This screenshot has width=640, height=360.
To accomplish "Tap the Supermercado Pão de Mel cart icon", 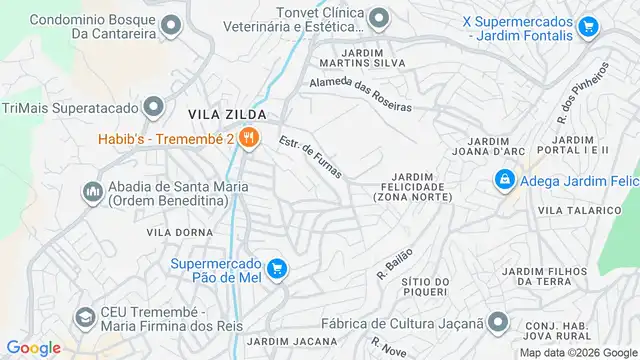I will [277, 267].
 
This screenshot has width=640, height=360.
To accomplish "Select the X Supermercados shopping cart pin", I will [587, 26].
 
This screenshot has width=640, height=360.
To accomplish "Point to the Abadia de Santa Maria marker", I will [92, 189].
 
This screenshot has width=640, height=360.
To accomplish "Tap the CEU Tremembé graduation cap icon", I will [85, 316].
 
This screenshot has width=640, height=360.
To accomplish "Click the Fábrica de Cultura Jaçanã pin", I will [499, 323].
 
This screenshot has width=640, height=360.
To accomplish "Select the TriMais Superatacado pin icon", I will [153, 106].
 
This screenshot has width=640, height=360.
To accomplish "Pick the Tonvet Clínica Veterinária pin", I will [379, 18].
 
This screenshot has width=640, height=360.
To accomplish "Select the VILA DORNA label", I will [174, 232].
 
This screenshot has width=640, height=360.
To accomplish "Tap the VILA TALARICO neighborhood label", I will [579, 210].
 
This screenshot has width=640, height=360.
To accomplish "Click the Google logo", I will [34, 348].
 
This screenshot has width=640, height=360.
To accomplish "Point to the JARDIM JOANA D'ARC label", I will [492, 147].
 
